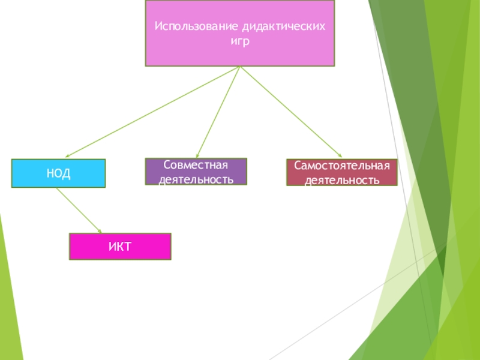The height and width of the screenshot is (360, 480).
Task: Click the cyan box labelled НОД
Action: (x=58, y=173)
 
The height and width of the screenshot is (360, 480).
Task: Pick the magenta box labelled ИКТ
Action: (x=120, y=246)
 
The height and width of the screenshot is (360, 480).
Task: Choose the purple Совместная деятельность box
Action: (x=196, y=172)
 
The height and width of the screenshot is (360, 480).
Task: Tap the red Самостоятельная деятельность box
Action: (x=341, y=172)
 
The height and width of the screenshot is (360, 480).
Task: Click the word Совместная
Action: (x=196, y=165)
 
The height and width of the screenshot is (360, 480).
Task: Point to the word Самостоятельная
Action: (x=341, y=166)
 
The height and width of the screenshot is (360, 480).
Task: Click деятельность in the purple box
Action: (x=196, y=179)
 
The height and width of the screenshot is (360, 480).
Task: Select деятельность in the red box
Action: (x=341, y=179)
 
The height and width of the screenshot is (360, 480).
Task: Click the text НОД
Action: (x=58, y=174)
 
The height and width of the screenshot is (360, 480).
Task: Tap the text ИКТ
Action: (x=120, y=247)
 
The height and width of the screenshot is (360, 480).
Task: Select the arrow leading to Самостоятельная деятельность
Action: (x=291, y=112)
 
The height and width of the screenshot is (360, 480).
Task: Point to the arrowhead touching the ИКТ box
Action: (x=100, y=230)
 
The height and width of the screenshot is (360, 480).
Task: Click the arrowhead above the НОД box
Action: (x=68, y=156)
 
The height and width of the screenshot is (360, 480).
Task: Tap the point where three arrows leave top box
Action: (x=240, y=67)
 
